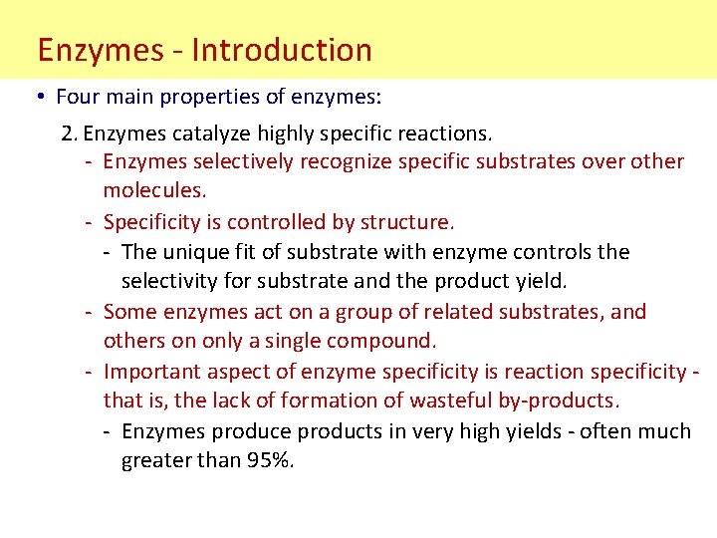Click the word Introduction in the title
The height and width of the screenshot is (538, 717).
(x=282, y=50)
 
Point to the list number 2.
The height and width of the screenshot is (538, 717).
(x=68, y=132)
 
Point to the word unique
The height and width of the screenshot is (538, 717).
(x=195, y=252)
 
